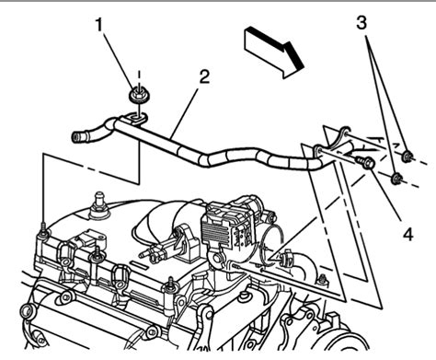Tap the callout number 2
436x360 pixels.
[x=204, y=75]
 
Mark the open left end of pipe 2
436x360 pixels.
[x=76, y=137]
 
